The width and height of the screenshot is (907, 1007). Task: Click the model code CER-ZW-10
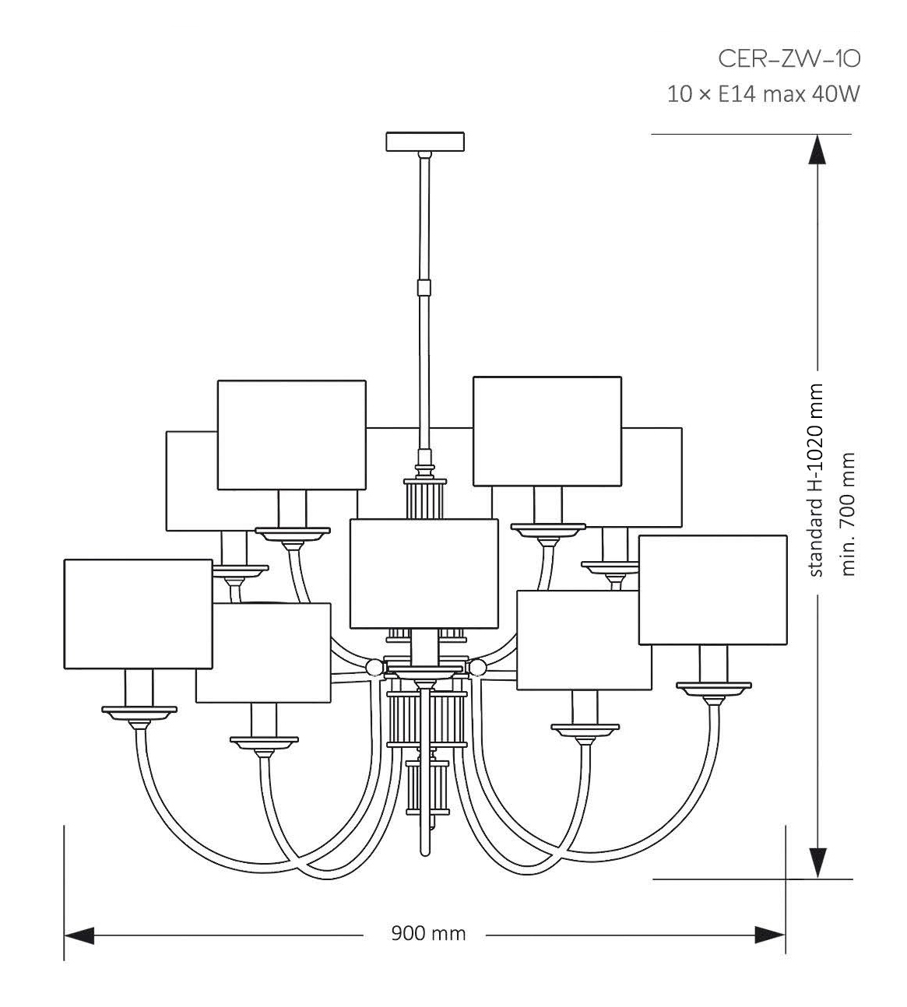pyautogui.click(x=788, y=58)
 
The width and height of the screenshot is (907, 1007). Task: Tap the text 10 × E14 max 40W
pyautogui.click(x=763, y=95)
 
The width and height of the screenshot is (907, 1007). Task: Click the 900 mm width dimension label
pyautogui.click(x=427, y=932)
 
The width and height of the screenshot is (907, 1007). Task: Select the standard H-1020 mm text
pyautogui.click(x=816, y=480)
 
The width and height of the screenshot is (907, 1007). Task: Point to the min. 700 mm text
pyautogui.click(x=849, y=514)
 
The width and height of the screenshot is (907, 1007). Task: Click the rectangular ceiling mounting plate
pyautogui.click(x=425, y=142)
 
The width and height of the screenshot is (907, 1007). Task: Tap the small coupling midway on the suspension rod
pyautogui.click(x=424, y=286)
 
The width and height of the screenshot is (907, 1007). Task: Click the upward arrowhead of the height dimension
pyautogui.click(x=816, y=149)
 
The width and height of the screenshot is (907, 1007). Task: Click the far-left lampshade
pyautogui.click(x=138, y=613)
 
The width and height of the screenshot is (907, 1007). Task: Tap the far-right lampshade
pyautogui.click(x=712, y=589)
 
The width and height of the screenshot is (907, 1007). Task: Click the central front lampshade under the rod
pyautogui.click(x=424, y=573)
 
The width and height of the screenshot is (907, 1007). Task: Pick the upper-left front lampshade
pyautogui.click(x=291, y=434)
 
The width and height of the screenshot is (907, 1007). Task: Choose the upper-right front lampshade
pyautogui.click(x=547, y=430)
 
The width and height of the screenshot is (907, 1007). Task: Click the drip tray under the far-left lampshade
pyautogui.click(x=139, y=711)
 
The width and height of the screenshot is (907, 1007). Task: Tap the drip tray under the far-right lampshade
pyautogui.click(x=713, y=688)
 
